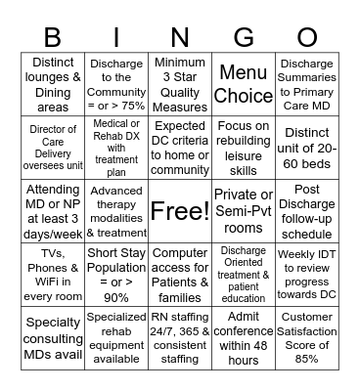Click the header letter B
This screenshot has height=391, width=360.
click(x=53, y=37)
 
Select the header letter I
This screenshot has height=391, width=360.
click(x=116, y=37)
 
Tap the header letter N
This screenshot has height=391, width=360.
click(x=181, y=37)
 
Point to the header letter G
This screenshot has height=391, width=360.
click(x=244, y=37)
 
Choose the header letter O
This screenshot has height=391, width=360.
click(x=307, y=37)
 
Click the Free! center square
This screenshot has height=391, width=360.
click(x=180, y=210)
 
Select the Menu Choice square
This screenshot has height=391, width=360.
click(x=244, y=84)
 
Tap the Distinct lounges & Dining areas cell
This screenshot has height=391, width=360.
click(x=54, y=84)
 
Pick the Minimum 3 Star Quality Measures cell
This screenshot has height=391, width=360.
click(x=180, y=84)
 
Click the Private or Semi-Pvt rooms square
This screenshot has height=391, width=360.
click(x=244, y=210)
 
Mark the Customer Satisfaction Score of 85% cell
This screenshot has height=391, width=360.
click(x=307, y=336)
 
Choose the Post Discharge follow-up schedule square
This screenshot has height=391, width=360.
click(x=307, y=210)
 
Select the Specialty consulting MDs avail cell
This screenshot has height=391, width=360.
click(x=54, y=336)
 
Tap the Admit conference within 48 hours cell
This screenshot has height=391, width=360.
click(x=244, y=336)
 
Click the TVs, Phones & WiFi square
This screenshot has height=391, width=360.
click(x=54, y=274)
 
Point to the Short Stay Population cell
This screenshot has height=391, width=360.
click(x=116, y=274)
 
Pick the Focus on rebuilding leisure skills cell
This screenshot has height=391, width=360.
click(x=244, y=148)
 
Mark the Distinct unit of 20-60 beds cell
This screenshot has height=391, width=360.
click(x=307, y=148)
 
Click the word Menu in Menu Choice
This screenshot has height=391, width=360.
click(x=244, y=73)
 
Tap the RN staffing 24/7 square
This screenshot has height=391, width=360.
click(x=180, y=336)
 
